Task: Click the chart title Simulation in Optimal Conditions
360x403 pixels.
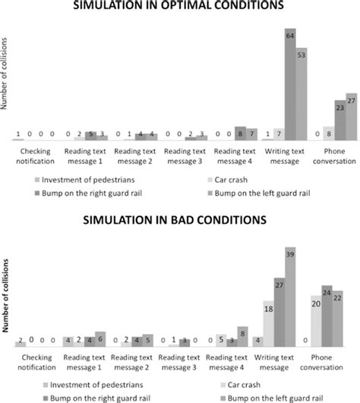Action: pyautogui.click(x=179, y=5)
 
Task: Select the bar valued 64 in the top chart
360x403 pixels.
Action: pyautogui.click(x=289, y=83)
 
